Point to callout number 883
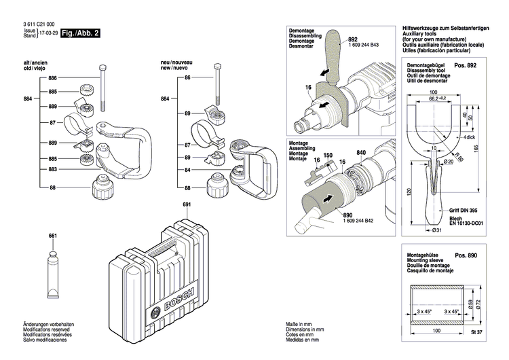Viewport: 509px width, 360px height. coord(53,169)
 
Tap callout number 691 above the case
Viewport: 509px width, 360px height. coord(187,204)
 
